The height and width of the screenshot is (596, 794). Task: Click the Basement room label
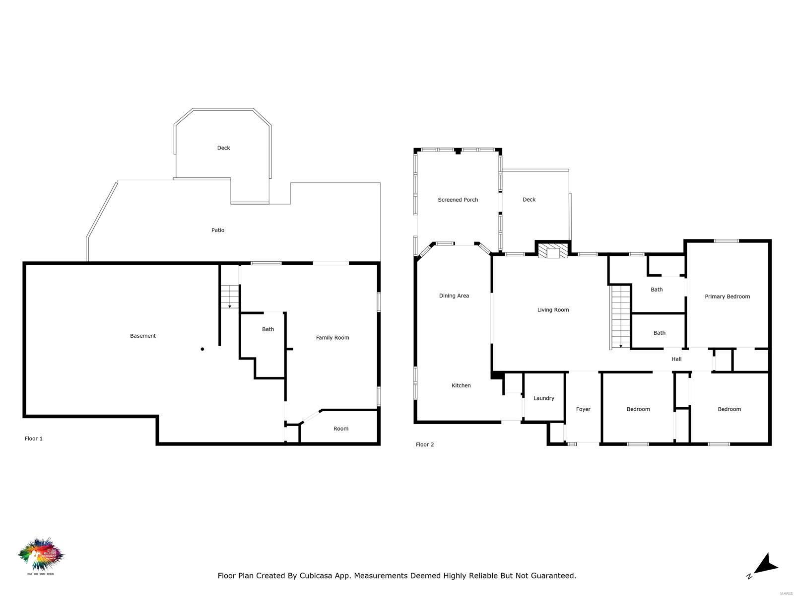pyautogui.click(x=143, y=336)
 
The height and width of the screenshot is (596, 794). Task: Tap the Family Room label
pyautogui.click(x=332, y=338)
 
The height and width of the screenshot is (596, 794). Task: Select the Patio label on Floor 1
pyautogui.click(x=218, y=230)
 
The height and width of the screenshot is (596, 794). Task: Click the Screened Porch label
pyautogui.click(x=458, y=200)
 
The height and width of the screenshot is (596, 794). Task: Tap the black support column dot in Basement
pyautogui.click(x=202, y=349)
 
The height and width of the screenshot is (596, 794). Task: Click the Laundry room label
pyautogui.click(x=544, y=398)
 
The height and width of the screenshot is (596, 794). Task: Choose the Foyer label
pyautogui.click(x=583, y=409)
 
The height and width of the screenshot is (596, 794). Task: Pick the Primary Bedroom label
pyautogui.click(x=727, y=297)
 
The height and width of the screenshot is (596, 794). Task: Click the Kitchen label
pyautogui.click(x=461, y=385)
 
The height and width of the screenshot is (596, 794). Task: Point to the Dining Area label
pyautogui.click(x=454, y=296)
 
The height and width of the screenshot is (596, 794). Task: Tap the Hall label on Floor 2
pyautogui.click(x=676, y=359)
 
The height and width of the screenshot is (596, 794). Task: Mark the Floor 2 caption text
pyautogui.click(x=425, y=445)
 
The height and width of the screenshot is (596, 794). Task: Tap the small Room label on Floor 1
pyautogui.click(x=341, y=429)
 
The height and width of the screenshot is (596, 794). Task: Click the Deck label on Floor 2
pyautogui.click(x=529, y=200)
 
